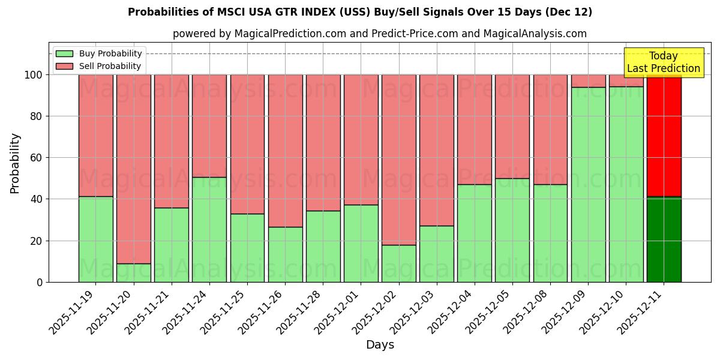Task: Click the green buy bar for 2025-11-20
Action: coord(134,272)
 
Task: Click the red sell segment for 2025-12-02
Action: coord(399,160)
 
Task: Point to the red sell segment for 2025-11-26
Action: coord(285,151)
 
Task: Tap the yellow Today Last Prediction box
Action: coord(664,62)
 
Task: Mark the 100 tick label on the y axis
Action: coord(34,75)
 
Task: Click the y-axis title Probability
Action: coord(15,163)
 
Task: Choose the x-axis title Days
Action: coord(380,345)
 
